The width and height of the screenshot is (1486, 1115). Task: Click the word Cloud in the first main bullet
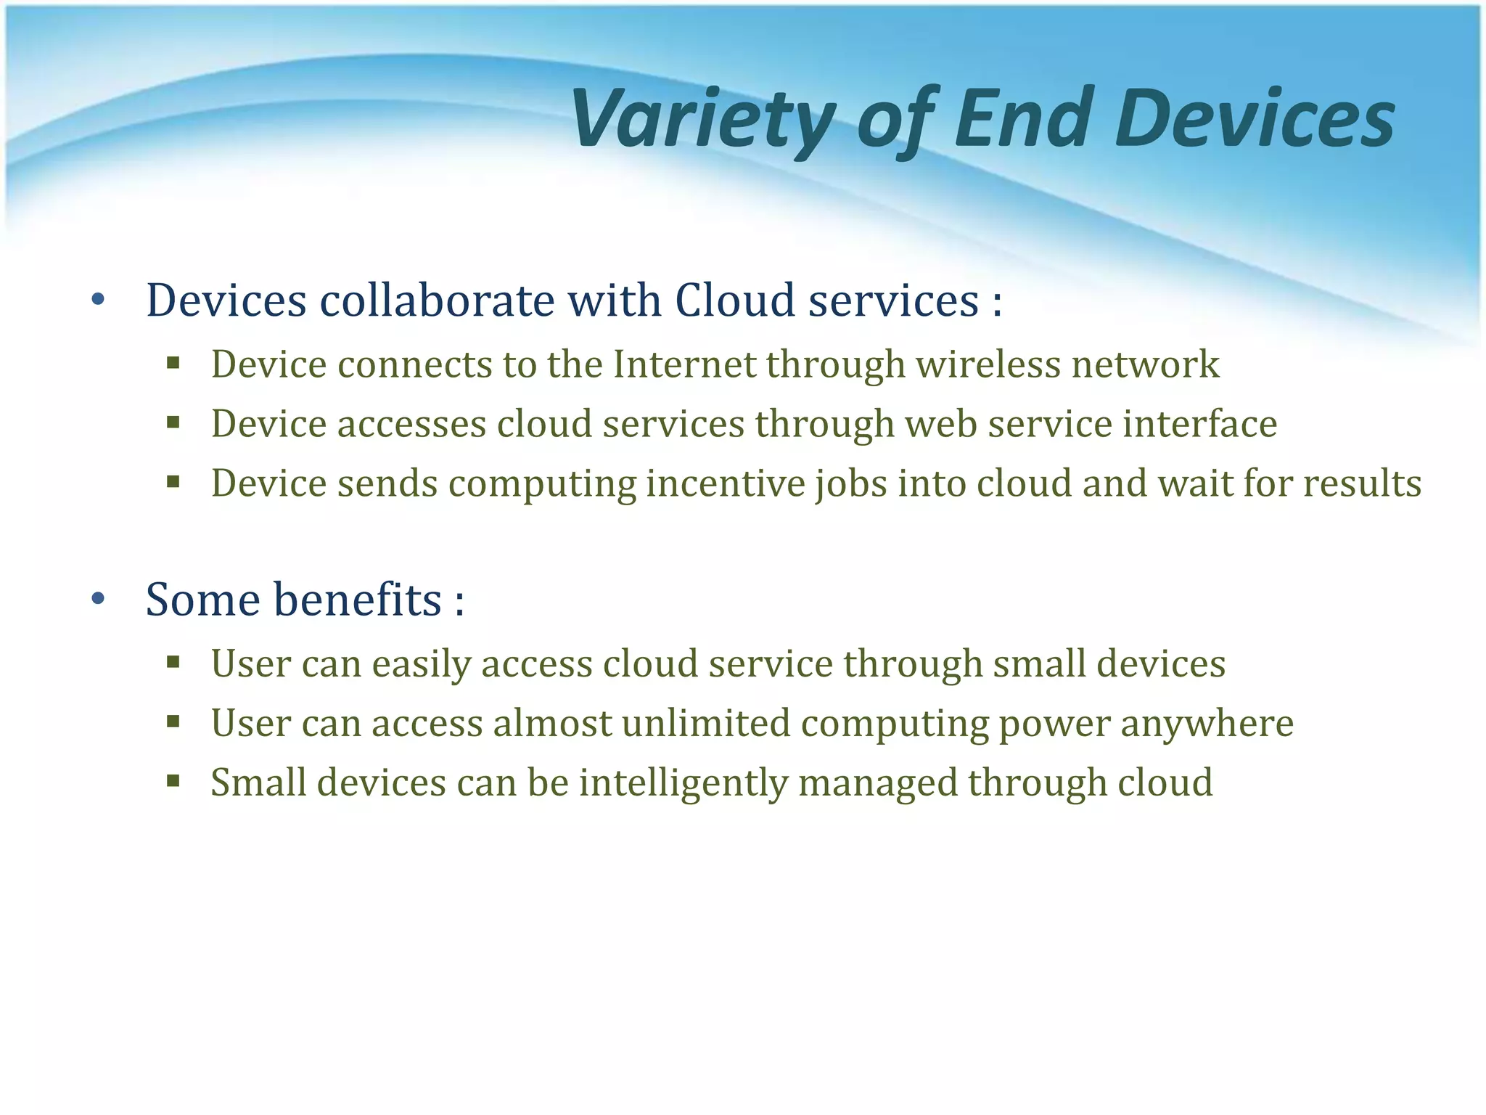coord(735,300)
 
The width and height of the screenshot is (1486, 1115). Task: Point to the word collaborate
coord(438,300)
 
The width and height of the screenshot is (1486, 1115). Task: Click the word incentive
coord(725,483)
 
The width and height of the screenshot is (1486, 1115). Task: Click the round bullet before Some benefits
coord(99,600)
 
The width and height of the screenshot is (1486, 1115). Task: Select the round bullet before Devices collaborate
coord(99,300)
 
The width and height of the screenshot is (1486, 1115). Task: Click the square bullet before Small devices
coord(173,781)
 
